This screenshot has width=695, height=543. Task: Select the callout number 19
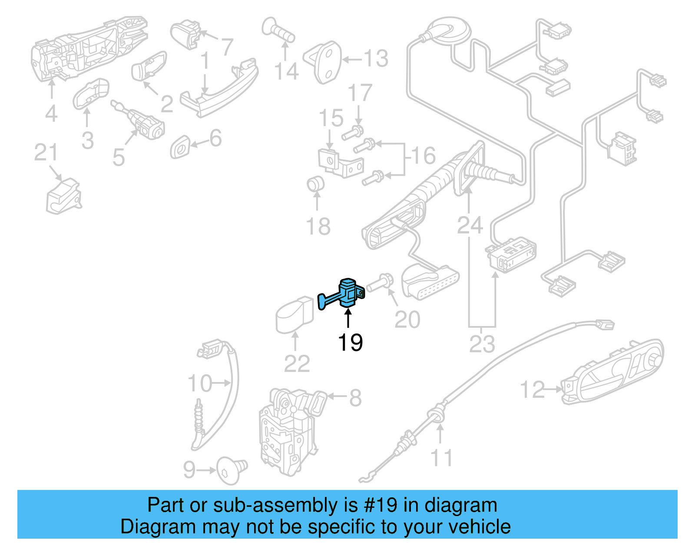pos(350,343)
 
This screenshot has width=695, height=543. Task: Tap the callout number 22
pos(297,363)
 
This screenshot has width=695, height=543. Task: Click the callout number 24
pos(470,225)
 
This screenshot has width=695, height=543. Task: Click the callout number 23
pos(482,344)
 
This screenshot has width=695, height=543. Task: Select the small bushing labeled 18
pos(315,184)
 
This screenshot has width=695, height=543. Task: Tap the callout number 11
pos(441,458)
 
